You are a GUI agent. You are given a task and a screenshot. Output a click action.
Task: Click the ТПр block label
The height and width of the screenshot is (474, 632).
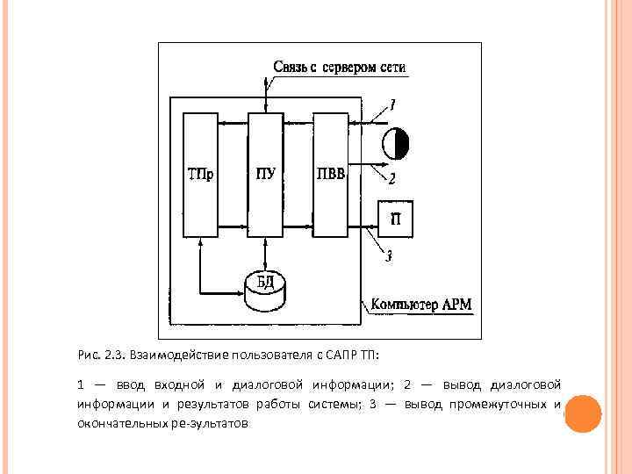pyautogui.click(x=201, y=174)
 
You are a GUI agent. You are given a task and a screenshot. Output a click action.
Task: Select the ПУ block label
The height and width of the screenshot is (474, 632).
pyautogui.click(x=266, y=174)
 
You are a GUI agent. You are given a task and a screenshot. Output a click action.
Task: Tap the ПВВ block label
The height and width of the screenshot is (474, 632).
pyautogui.click(x=331, y=174)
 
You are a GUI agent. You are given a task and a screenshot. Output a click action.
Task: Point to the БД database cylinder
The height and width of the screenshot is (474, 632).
pyautogui.click(x=265, y=288)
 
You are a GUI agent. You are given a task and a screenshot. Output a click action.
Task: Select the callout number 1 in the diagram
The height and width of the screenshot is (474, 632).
pyautogui.click(x=392, y=104)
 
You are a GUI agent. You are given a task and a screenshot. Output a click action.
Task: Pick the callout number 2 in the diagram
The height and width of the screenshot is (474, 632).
pyautogui.click(x=391, y=179)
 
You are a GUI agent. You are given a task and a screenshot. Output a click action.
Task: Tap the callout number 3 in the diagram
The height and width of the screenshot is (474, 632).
pyautogui.click(x=389, y=256)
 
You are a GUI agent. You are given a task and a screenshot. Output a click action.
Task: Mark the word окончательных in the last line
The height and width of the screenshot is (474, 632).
pyautogui.click(x=120, y=423)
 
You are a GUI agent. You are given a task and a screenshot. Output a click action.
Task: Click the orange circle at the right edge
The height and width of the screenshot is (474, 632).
pyautogui.click(x=581, y=413)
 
